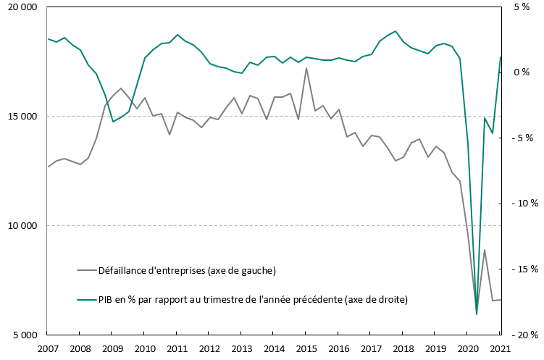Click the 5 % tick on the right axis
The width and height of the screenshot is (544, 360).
[522, 7]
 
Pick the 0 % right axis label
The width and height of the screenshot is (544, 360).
[522, 72]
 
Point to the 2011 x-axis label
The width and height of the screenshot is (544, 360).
[177, 348]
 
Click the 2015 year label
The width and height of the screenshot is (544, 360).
[306, 348]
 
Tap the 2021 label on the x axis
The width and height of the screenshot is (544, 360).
[500, 348]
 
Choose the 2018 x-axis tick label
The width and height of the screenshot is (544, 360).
[403, 348]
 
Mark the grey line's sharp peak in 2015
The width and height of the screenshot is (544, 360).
[306, 68]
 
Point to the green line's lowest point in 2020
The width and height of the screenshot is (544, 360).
[477, 314]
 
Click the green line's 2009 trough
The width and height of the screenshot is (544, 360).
[112, 122]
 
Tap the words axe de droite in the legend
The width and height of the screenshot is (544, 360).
[377, 298]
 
